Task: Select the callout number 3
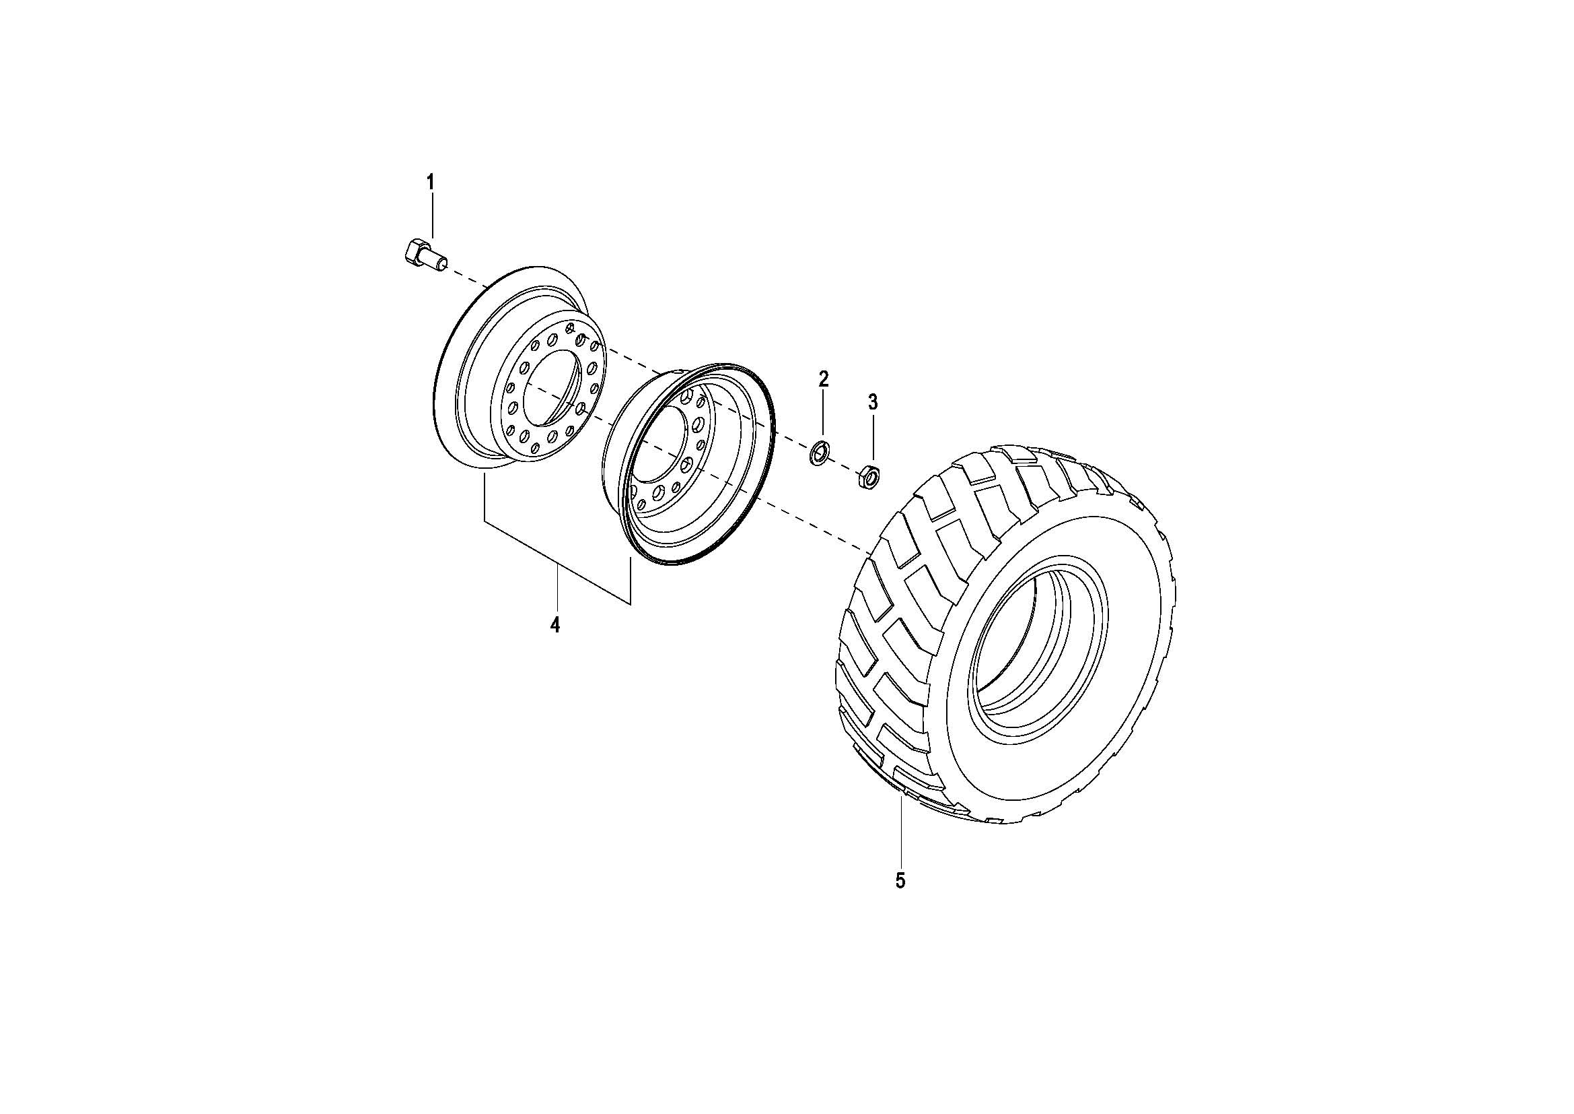pos(873,403)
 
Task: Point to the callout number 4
pos(555,625)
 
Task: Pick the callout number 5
pos(900,881)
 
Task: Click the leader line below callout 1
pos(432,216)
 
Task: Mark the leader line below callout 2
pos(823,416)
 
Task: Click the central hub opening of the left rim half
pos(552,387)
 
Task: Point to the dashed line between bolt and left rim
pos(466,277)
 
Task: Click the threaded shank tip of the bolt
pos(441,262)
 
